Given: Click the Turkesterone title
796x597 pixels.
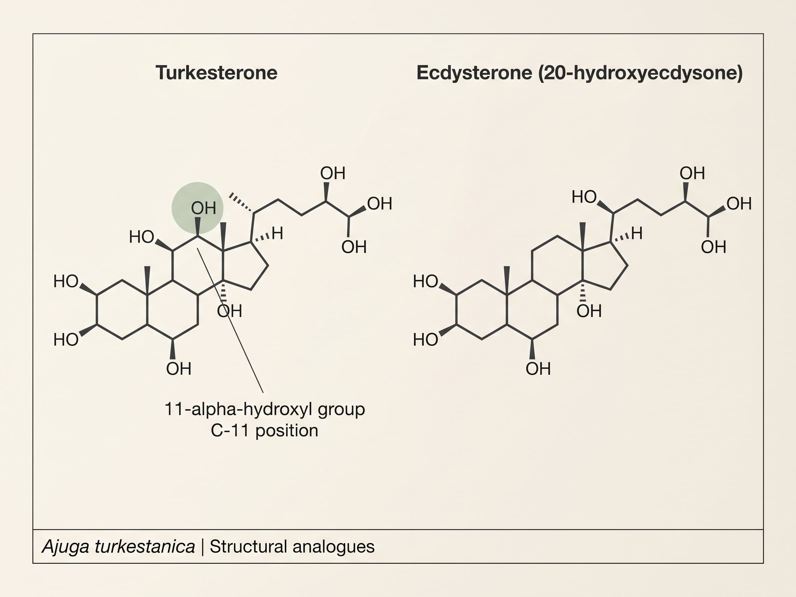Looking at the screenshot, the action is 216,73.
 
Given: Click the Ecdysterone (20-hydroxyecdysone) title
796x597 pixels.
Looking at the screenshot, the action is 579,73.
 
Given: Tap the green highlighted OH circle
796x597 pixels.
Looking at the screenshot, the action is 197,208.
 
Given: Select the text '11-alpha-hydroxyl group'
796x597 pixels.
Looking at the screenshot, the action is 265,409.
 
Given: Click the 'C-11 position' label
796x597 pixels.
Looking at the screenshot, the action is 265,430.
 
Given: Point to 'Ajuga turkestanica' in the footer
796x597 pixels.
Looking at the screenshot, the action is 118,547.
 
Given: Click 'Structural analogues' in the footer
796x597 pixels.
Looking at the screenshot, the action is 292,547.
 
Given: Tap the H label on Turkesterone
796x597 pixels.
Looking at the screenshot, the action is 278,233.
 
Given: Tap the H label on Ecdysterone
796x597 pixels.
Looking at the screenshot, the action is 637,233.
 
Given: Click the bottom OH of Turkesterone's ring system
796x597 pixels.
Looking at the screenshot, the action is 179,369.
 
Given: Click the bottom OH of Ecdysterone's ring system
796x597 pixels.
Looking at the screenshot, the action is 538,369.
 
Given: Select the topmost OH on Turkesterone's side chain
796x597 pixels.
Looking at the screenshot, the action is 333,173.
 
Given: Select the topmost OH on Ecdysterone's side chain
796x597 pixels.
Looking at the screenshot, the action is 692,173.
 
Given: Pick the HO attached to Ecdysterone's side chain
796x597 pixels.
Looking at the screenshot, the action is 584,197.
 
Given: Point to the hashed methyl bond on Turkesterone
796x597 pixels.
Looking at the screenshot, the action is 241,203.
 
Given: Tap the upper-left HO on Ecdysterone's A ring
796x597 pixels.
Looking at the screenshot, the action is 425,282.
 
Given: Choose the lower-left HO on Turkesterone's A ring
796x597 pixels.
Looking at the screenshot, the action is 66,340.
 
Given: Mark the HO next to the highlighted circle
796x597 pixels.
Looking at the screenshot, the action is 141,237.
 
